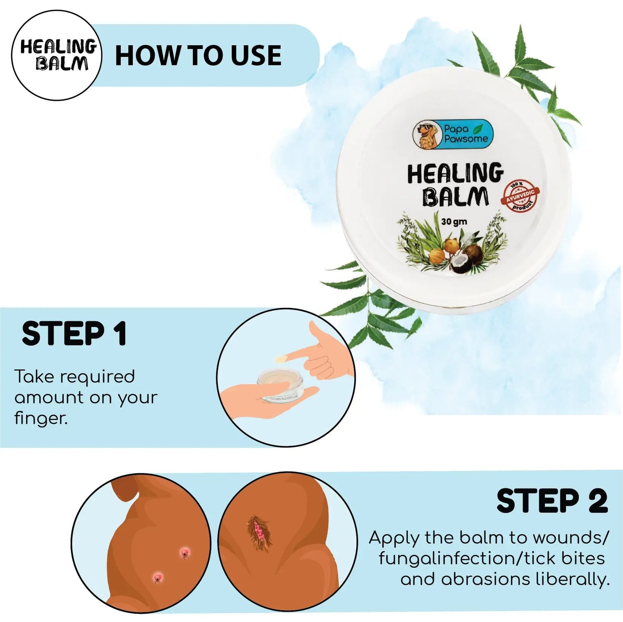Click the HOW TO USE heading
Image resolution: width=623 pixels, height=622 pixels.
click(x=198, y=56)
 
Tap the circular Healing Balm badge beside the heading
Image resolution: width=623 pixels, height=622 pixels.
click(x=56, y=55)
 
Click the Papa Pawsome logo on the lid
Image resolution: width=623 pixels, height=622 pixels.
click(x=453, y=134)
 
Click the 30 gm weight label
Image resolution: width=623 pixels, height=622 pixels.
click(x=454, y=222)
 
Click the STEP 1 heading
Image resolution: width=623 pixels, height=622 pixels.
click(x=74, y=334)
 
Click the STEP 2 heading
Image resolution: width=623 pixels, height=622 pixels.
click(x=552, y=501)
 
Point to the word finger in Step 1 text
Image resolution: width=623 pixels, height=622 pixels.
click(x=41, y=418)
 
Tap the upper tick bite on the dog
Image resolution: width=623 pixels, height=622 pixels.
click(x=185, y=552)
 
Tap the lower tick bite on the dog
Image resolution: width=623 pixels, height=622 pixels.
click(x=157, y=577)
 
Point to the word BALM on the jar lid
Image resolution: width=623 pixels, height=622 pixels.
click(x=455, y=197)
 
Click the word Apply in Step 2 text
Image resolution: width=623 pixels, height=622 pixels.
click(x=394, y=538)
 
